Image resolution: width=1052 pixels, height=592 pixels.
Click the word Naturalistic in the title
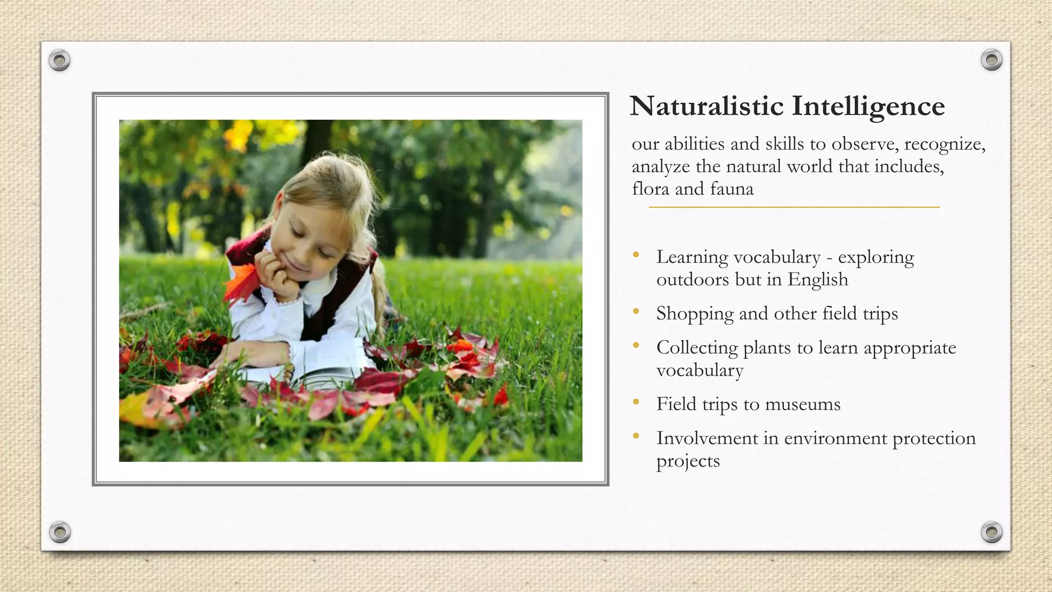[707, 106]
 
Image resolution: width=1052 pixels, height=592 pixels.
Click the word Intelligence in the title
[868, 107]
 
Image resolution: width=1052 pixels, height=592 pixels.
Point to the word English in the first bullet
[818, 280]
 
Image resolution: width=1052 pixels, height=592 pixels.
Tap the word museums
[802, 404]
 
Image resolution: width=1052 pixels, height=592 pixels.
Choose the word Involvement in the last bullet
[707, 438]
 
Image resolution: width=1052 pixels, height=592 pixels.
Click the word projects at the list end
[688, 461]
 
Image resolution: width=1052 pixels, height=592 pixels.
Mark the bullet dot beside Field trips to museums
[636, 402]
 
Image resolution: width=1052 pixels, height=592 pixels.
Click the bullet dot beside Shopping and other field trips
[636, 311]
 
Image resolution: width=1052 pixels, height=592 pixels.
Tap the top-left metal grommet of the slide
[60, 61]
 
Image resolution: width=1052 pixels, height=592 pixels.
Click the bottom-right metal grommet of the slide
[991, 532]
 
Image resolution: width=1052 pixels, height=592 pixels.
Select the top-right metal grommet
[991, 60]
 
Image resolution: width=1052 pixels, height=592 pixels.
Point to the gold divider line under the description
[794, 207]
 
